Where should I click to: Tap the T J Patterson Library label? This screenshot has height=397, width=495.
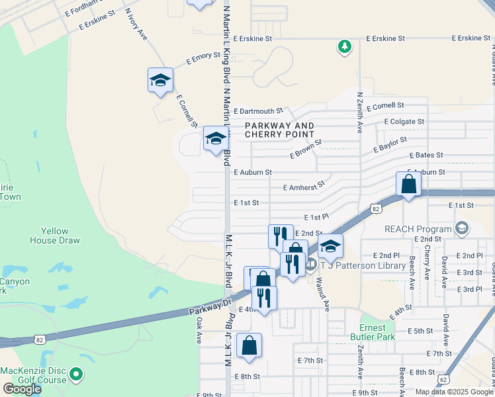[363, 266]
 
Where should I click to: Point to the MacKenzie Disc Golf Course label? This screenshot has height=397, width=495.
[33, 375]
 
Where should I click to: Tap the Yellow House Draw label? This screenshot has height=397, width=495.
[54, 236]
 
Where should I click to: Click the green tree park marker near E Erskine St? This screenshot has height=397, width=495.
[344, 46]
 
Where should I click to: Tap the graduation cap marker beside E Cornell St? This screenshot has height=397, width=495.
[159, 80]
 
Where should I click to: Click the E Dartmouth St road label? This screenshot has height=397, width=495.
[258, 111]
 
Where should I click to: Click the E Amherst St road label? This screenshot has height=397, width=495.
[304, 187]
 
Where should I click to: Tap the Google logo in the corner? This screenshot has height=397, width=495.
[22, 389]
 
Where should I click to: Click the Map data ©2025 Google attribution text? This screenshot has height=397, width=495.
[454, 392]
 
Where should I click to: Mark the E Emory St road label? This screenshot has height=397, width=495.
[202, 58]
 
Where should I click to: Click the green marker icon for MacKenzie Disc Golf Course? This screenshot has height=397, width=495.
[76, 375]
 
